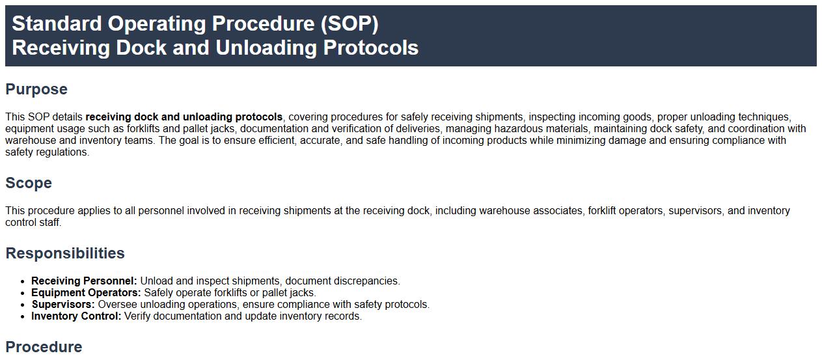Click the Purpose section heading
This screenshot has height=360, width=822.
point(36,89)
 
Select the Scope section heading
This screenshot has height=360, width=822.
point(29,183)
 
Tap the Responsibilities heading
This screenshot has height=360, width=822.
point(65,253)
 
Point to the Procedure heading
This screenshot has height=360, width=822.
point(44,347)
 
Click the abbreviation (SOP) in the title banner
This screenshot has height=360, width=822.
point(349,24)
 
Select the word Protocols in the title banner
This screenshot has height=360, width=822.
point(370,48)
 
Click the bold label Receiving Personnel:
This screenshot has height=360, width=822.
point(84,281)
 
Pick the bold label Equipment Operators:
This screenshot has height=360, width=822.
point(86,292)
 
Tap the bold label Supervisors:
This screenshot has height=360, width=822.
point(63,304)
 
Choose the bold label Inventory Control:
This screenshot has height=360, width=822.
point(76,316)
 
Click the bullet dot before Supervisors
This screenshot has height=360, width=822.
point(23,305)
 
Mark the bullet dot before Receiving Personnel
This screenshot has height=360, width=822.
point(23,281)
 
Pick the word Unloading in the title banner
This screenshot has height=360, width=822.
point(266,48)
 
